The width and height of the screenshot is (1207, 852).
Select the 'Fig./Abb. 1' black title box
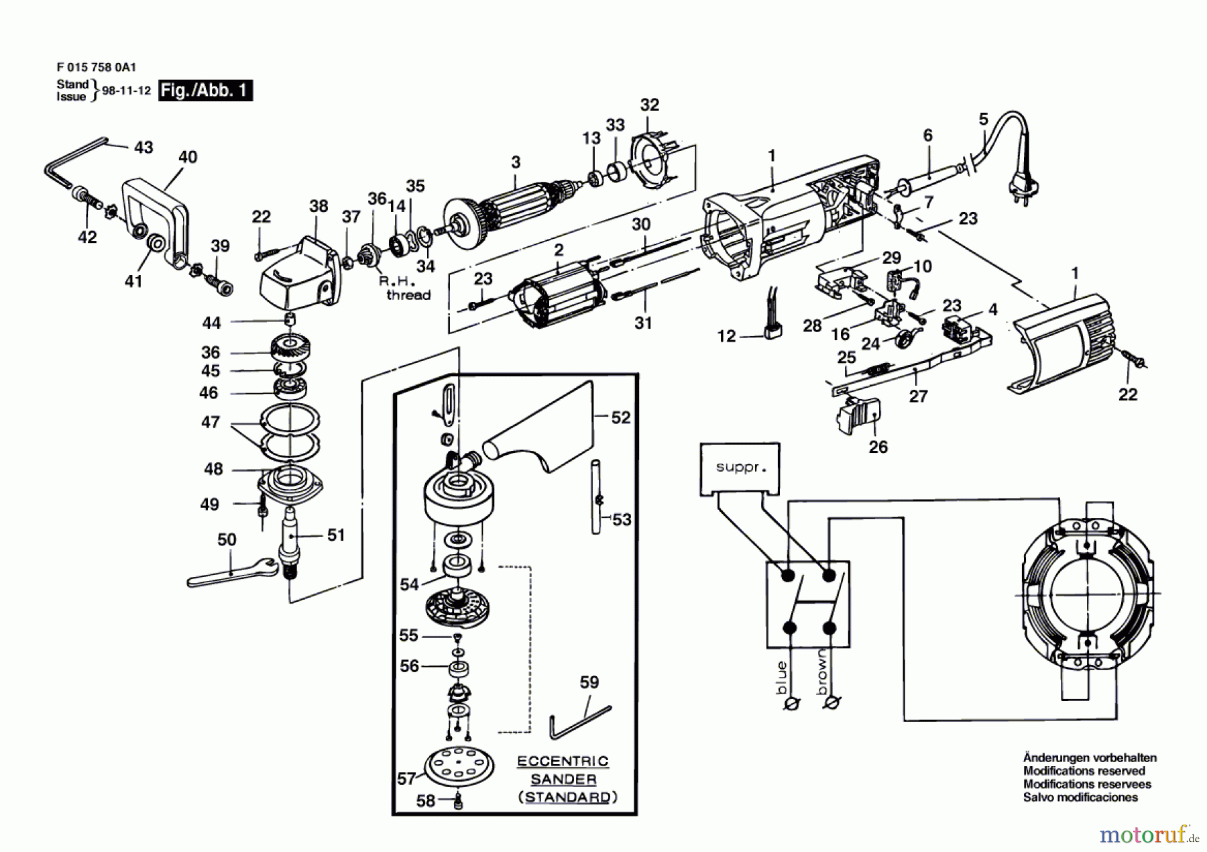pos(205,91)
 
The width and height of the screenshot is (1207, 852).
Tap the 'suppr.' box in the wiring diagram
pos(740,468)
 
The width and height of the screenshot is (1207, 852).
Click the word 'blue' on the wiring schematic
pos(781,678)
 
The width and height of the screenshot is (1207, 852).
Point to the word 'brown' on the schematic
pos(822,673)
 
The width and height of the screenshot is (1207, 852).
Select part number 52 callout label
pos(620,417)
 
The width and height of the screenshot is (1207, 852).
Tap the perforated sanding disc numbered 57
pos(459,769)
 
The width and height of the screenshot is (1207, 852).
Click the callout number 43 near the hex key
pos(143,147)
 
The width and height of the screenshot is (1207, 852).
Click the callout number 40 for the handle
pos(188,157)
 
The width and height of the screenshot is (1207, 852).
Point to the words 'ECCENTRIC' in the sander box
pos(563,761)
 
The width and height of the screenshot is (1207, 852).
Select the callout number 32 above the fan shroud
pos(649,105)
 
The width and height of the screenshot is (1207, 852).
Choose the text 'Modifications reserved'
pos(1084,771)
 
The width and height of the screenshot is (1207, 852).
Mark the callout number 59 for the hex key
pos(589,682)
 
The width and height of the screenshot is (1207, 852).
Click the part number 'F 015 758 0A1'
pos(97,67)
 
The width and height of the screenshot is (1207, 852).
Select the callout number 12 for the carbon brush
pos(726,335)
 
